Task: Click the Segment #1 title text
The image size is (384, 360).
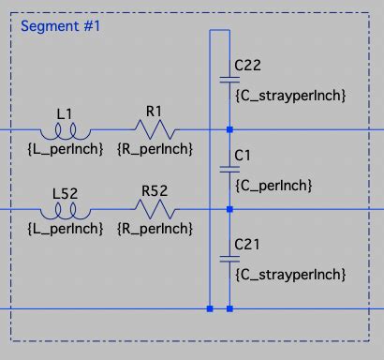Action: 60,25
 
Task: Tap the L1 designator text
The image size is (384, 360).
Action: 64,112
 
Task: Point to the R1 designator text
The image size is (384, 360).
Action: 155,111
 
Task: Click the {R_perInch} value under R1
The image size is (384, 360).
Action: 155,148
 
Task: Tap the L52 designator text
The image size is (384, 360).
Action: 64,192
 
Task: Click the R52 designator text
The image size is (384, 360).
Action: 155,191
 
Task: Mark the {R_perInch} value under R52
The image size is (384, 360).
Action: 155,228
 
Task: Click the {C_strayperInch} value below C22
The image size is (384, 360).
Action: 290,96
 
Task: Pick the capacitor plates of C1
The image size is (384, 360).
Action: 229,169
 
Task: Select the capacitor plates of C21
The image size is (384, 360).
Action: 229,256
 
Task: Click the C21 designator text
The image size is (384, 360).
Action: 247,244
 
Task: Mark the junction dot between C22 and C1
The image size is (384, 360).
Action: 229,128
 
